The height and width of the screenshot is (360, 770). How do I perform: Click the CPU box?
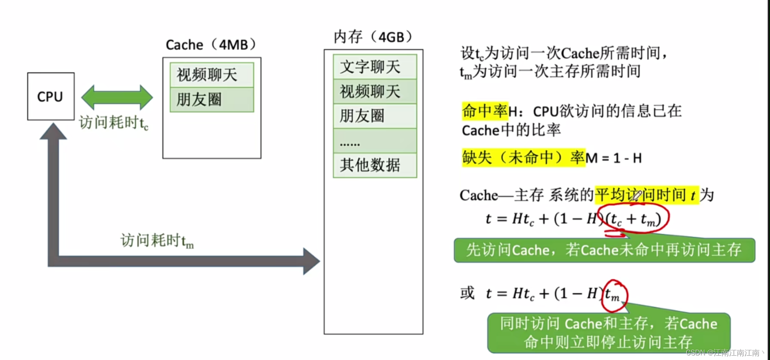(51, 96)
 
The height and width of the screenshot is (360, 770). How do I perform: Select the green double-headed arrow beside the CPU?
(117, 98)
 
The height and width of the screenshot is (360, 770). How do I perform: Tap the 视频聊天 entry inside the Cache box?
(212, 75)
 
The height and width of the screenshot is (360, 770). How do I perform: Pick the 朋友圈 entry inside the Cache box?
(212, 100)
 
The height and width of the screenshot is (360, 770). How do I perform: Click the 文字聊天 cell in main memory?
(374, 67)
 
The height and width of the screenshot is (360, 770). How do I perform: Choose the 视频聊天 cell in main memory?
(374, 91)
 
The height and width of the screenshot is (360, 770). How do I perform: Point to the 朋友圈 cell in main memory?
(374, 116)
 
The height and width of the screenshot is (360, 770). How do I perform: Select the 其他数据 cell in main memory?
(374, 165)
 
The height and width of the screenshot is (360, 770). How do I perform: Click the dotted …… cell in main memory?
(374, 141)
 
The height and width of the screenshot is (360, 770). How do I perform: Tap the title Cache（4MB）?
(211, 45)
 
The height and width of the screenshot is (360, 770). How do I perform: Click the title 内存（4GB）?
(373, 37)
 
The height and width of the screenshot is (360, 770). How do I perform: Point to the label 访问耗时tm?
(157, 241)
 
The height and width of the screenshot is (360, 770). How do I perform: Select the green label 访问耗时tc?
(114, 123)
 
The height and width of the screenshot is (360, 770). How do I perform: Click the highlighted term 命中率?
(485, 111)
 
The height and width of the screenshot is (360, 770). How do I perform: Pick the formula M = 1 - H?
(614, 158)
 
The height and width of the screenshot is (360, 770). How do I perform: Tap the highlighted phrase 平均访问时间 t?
(646, 195)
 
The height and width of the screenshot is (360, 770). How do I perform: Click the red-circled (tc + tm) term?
(634, 219)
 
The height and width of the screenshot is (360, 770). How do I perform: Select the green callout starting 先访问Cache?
(604, 250)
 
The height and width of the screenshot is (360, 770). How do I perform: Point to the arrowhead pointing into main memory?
(311, 261)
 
